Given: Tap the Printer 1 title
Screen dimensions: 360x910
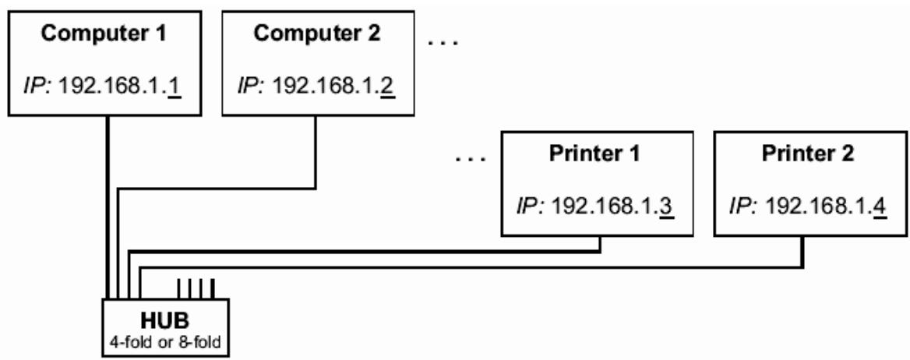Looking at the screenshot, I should tap(598, 154).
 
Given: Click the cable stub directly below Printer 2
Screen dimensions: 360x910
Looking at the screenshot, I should tap(802, 251).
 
